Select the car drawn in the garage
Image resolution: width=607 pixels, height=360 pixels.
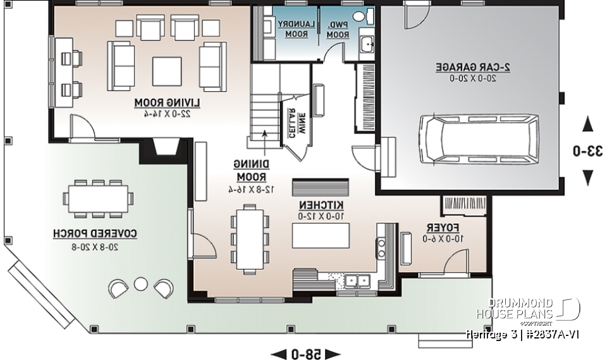479,137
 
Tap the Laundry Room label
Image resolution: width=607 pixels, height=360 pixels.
293,28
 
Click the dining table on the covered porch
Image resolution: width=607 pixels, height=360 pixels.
98,199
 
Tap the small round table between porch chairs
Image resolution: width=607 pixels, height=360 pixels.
140,283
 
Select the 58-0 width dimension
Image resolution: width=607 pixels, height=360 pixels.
305,354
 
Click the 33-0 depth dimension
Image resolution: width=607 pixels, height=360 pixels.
587,151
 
